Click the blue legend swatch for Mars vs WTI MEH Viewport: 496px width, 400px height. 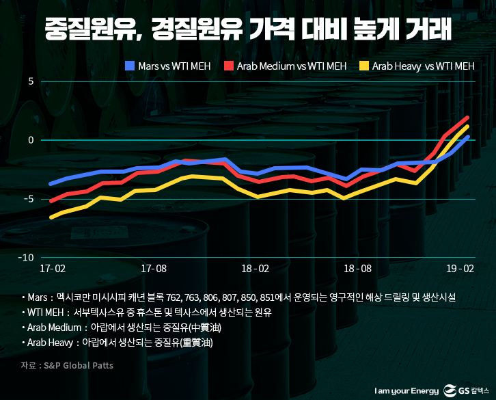click(x=130, y=66)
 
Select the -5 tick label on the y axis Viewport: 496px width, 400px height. click(x=29, y=199)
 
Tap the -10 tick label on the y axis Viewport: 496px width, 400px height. click(x=27, y=258)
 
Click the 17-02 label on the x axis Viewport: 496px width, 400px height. click(x=53, y=269)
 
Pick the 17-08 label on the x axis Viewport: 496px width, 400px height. click(x=154, y=269)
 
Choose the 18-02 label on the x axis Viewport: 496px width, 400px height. click(x=256, y=269)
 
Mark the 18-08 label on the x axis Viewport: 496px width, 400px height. click(x=357, y=269)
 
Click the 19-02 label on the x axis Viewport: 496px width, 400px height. click(x=459, y=269)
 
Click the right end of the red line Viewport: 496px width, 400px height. click(x=468, y=118)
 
